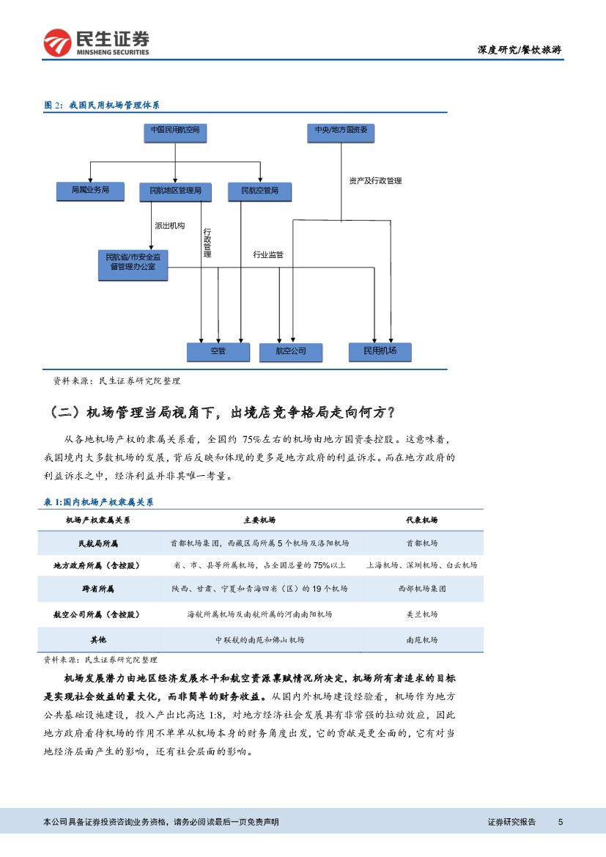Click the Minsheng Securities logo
point(96,43)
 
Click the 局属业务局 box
point(90,191)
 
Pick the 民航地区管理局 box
point(175,192)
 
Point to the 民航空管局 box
point(259,192)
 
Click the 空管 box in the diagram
point(218,352)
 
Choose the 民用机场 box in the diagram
point(380,352)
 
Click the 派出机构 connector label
point(169,226)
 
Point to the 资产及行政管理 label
point(375,180)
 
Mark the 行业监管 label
point(268,254)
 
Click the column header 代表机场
point(421,520)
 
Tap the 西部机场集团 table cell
point(421,589)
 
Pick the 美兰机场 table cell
point(421,614)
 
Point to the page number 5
point(560,822)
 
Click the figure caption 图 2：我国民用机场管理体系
point(103,106)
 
